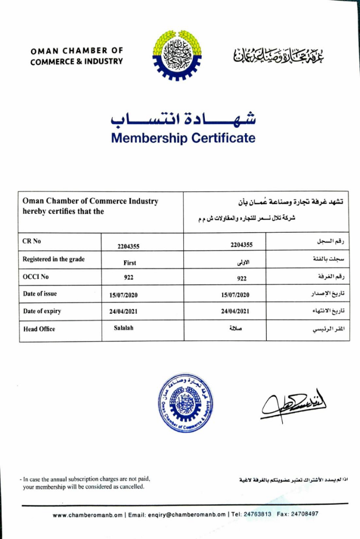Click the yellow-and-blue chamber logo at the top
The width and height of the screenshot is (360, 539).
tap(177, 55)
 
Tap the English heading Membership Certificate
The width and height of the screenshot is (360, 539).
tap(183, 138)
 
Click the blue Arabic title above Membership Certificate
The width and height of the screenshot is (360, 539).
tap(183, 119)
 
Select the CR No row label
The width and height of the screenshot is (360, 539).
tap(32, 241)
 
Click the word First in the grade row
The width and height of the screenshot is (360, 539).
tap(129, 262)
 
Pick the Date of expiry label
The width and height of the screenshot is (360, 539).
tap(42, 311)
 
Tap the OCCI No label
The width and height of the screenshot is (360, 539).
tap(36, 277)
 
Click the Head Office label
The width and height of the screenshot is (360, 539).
tap(39, 329)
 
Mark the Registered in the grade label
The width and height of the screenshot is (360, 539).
tap(53, 259)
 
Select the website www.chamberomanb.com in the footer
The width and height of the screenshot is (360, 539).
tap(88, 515)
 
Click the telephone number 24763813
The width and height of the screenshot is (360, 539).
tap(258, 514)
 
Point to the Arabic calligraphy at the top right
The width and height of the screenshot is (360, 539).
tap(279, 55)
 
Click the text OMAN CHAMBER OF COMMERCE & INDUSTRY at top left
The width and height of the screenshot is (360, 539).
tap(77, 56)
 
